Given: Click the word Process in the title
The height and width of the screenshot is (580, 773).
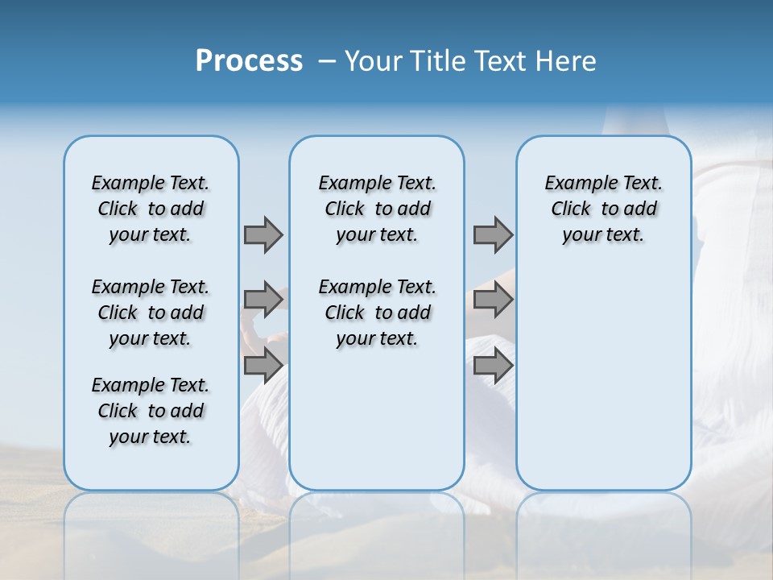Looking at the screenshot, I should (249, 61).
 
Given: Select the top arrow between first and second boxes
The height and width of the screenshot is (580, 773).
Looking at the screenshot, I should (263, 234).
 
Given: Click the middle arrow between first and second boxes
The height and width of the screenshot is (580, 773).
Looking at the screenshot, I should (263, 300).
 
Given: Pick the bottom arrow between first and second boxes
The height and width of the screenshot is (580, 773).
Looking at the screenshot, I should (263, 365).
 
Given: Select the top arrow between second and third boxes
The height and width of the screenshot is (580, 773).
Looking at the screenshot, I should (493, 234).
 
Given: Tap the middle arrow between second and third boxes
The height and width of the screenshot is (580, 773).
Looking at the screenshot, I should (493, 300).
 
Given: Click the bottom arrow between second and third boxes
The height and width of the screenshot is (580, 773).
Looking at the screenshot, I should (493, 365).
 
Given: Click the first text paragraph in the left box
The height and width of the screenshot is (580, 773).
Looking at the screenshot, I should (151, 209).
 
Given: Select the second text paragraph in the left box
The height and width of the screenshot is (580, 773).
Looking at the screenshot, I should (151, 313).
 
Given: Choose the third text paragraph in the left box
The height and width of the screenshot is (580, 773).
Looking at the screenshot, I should (151, 411).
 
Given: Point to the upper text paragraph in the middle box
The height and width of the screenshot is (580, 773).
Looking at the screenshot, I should (377, 209).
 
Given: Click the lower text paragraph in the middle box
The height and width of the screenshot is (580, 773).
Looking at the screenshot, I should (377, 313).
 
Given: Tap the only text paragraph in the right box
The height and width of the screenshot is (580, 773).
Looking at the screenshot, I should (603, 209).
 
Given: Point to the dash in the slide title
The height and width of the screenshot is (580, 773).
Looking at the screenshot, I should (327, 61).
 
